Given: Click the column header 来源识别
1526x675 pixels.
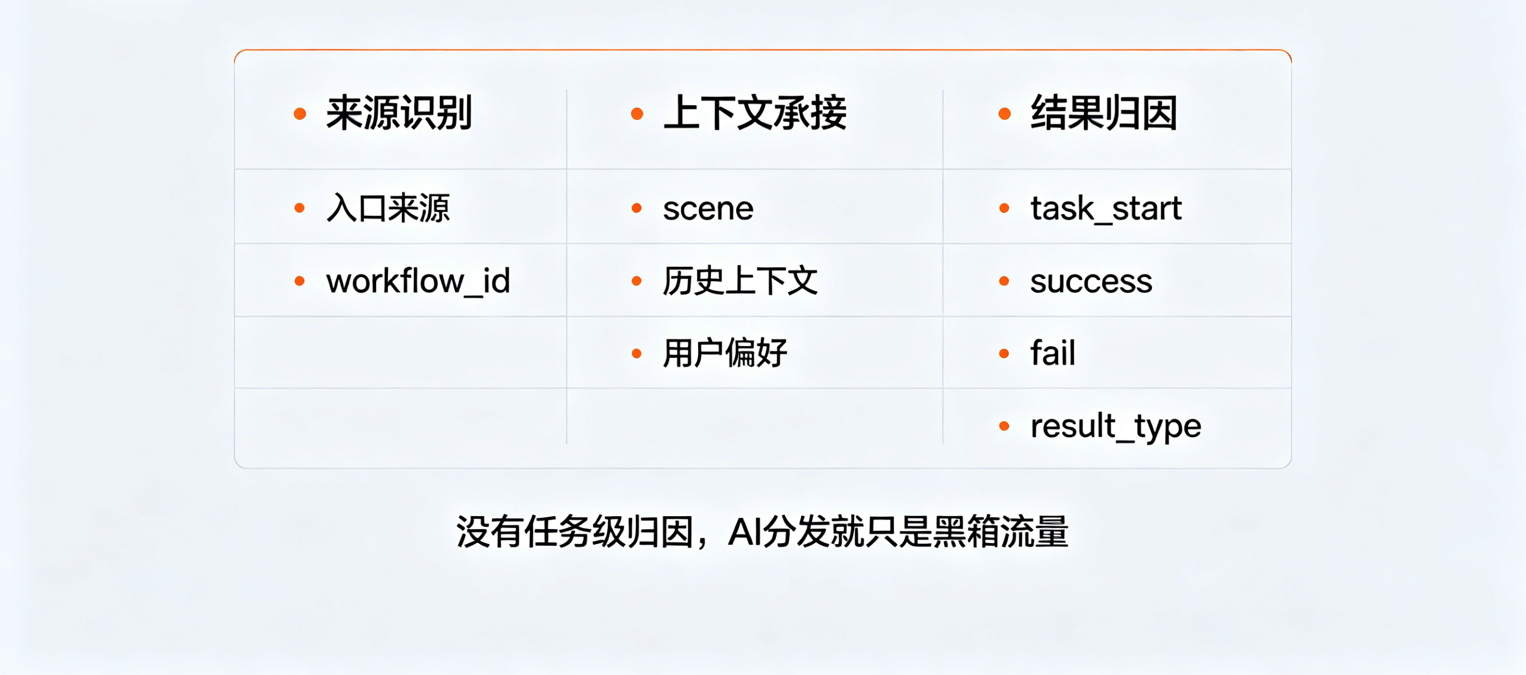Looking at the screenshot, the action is click(399, 112).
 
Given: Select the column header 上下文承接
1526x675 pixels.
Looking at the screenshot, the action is click(755, 112).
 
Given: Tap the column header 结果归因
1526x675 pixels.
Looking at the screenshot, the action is click(1103, 112).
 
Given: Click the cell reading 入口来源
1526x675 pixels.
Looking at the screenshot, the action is click(388, 208).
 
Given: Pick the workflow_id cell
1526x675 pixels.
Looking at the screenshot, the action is click(418, 281).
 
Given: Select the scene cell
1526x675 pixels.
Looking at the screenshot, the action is click(708, 209).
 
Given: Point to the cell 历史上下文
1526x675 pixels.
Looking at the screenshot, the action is click(740, 281).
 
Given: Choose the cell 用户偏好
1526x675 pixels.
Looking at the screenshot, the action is click(724, 353).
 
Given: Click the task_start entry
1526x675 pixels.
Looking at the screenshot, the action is click(1106, 208).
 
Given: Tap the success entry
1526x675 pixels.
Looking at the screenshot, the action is click(1091, 281).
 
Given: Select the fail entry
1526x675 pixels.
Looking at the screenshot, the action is click(1053, 353).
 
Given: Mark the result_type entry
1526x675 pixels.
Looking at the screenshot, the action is click(1116, 426).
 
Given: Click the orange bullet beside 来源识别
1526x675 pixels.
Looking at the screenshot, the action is click(300, 113).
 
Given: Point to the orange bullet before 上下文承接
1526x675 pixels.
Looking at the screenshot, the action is click(637, 113).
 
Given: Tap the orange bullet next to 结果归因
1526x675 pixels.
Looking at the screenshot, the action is click(1004, 113).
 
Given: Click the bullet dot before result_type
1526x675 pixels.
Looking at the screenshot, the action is click(1004, 426).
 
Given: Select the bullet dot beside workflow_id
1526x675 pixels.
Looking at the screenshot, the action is click(300, 281).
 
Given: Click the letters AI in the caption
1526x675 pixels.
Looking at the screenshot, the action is click(745, 532).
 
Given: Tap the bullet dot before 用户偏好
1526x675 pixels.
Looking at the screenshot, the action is click(637, 354).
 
